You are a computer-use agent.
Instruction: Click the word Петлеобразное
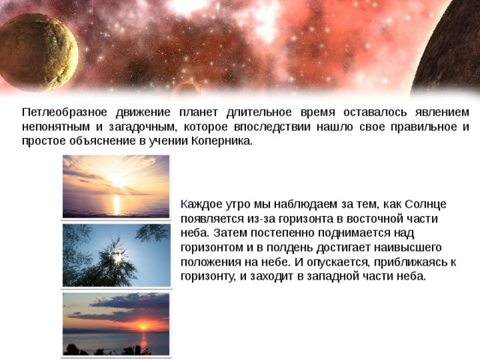61,110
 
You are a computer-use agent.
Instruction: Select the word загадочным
142,125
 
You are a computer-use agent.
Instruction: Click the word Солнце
425,204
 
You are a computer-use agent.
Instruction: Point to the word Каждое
199,204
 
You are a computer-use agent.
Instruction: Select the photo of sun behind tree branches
116,255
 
